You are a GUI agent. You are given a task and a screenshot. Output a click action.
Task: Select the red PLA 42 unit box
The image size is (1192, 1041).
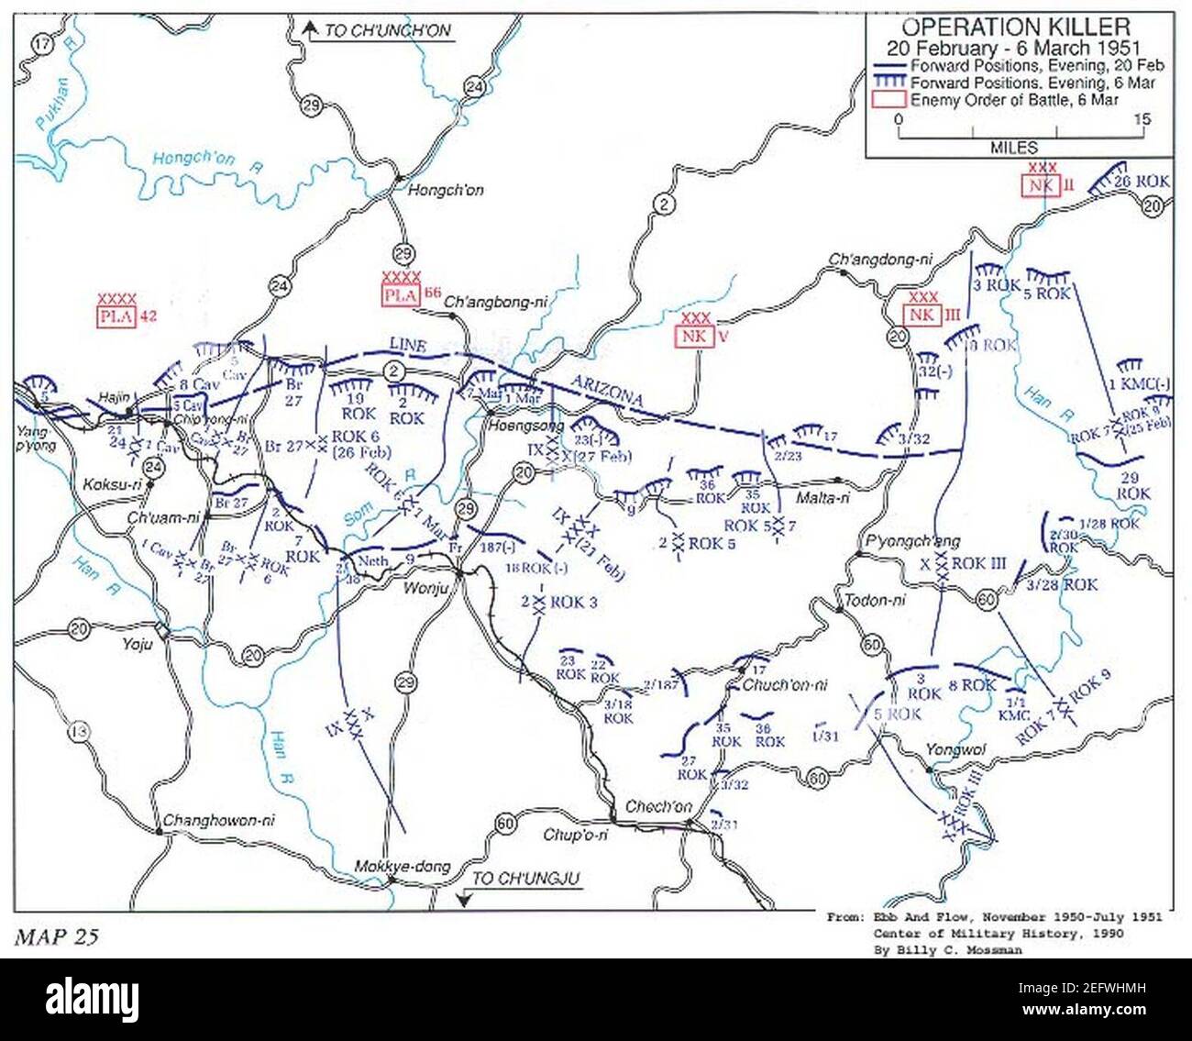tap(116, 317)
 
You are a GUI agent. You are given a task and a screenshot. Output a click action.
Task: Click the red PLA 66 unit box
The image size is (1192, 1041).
tap(401, 295)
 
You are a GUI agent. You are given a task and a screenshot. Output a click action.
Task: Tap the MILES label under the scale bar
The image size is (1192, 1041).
tap(1013, 148)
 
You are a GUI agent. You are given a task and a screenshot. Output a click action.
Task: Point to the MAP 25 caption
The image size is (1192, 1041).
tap(56, 936)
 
